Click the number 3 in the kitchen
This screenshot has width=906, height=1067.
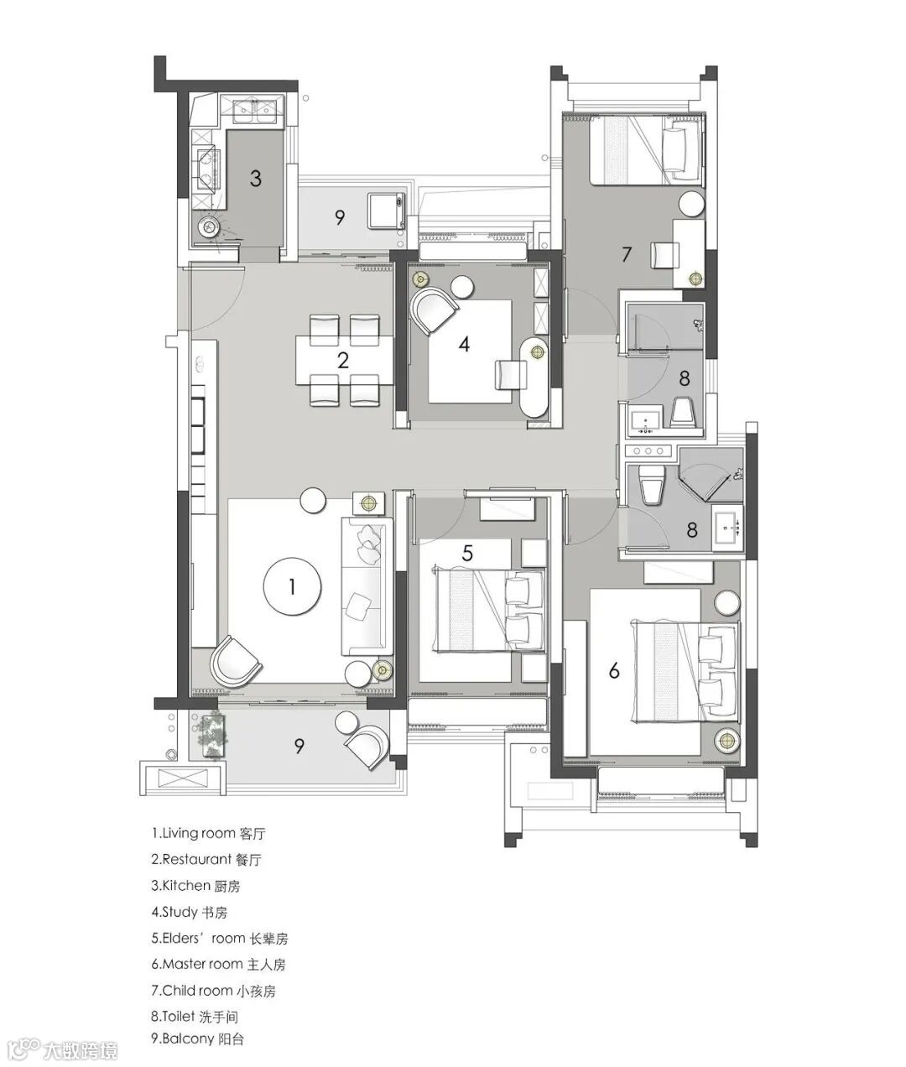(x=256, y=179)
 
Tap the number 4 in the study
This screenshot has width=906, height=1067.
(x=464, y=344)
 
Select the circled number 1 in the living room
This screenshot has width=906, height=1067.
(x=292, y=586)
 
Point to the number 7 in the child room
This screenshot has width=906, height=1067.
(x=627, y=254)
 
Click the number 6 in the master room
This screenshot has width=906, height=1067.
(x=614, y=670)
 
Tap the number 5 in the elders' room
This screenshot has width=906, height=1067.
(x=466, y=554)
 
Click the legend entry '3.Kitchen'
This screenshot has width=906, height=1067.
(x=195, y=886)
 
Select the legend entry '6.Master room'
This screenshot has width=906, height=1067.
(x=218, y=965)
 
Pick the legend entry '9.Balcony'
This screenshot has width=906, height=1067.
(x=198, y=1038)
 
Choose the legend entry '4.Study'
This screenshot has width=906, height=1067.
(x=189, y=912)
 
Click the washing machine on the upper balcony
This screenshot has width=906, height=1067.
(x=386, y=210)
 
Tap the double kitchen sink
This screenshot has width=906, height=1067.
(x=254, y=112)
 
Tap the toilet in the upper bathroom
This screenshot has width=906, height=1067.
(x=683, y=412)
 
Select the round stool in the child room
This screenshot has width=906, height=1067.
(x=690, y=205)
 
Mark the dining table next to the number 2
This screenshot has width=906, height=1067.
(x=344, y=361)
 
